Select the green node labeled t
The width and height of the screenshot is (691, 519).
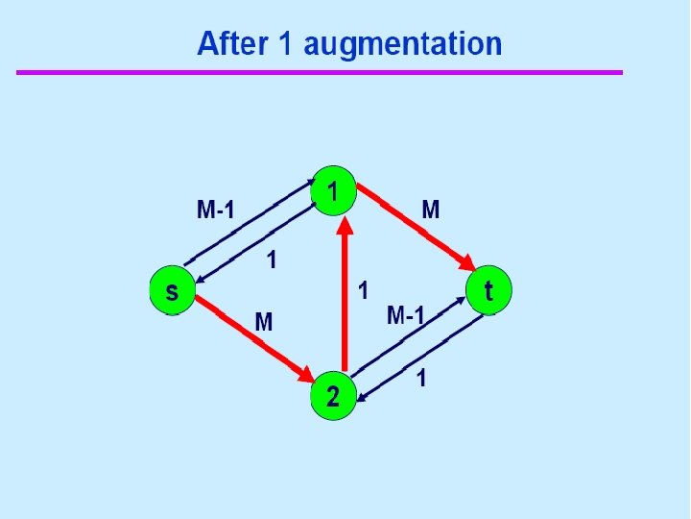point(488,289)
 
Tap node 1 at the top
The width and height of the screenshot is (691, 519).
point(333,192)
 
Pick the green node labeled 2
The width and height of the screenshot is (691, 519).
point(332,395)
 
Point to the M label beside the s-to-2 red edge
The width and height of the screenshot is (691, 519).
point(263,322)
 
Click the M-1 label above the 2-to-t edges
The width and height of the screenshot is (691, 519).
point(405,313)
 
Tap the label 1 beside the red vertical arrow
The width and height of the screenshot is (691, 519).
point(363,286)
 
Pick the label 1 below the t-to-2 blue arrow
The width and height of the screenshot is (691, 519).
point(421,380)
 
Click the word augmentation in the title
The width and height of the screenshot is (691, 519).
point(403,44)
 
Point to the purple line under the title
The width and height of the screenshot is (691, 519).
point(320,72)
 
